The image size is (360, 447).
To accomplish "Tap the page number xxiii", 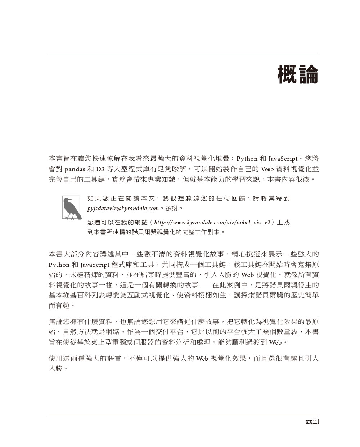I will pyautogui.click(x=312, y=421).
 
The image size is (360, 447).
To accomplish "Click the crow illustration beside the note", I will pyautogui.click(x=71, y=208).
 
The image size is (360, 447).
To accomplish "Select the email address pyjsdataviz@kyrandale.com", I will pyautogui.click(x=123, y=209).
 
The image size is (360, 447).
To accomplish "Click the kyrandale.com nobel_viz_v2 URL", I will pyautogui.click(x=212, y=223).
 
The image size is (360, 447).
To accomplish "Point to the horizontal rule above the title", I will pyautogui.click(x=184, y=52).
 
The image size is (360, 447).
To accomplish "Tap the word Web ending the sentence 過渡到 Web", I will pyautogui.click(x=275, y=342).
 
